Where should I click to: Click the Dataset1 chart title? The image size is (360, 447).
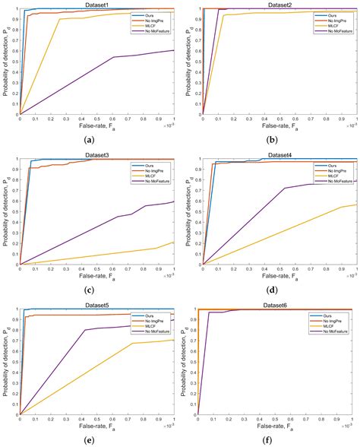point(96,5)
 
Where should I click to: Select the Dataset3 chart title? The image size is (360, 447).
point(96,154)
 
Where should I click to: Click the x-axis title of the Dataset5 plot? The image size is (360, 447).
point(96,430)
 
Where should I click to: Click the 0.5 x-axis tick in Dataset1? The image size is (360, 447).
point(96,119)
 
